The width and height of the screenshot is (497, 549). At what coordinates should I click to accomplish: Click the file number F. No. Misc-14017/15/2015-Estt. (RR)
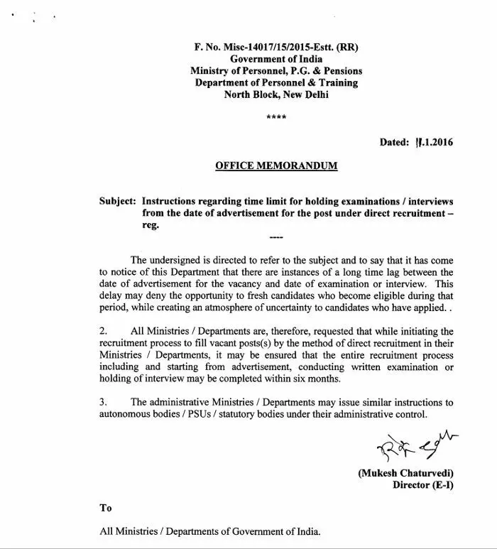tap(276, 48)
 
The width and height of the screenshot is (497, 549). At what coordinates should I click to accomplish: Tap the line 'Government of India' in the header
tap(276, 59)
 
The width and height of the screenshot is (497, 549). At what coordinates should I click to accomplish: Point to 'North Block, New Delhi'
tap(276, 94)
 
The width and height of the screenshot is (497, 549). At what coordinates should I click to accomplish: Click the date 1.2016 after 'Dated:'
tap(434, 142)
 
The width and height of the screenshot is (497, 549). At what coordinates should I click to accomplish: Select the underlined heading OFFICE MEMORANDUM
tap(276, 166)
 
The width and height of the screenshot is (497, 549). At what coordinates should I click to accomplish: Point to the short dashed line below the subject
tap(276, 237)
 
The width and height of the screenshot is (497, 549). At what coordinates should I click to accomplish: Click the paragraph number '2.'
tap(104, 331)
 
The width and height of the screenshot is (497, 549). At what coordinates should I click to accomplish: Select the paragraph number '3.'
tap(104, 402)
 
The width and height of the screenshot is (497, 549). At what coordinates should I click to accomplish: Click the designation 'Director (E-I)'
tap(422, 486)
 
